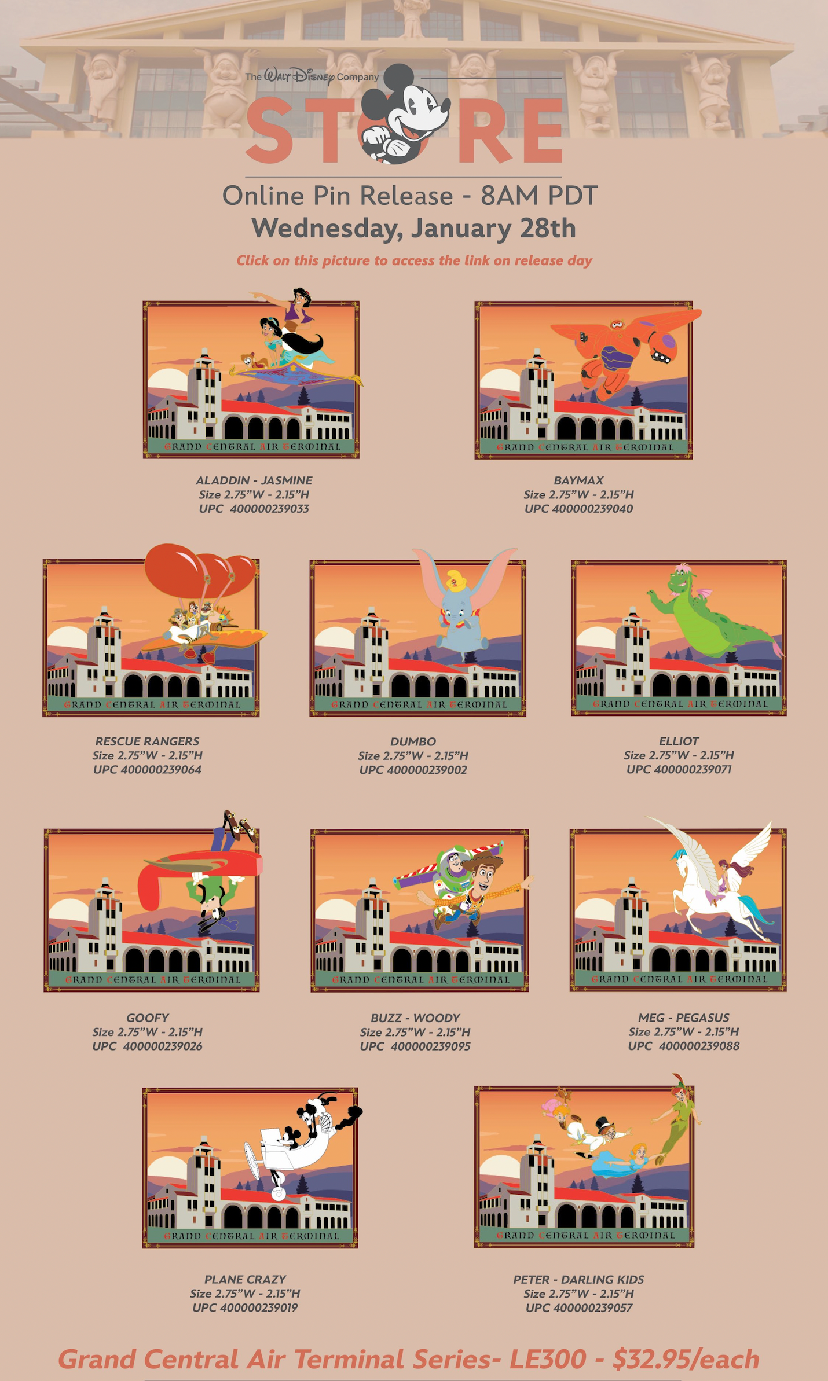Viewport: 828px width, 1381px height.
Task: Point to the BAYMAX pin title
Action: pos(578,480)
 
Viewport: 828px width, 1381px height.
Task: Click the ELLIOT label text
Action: pos(679,741)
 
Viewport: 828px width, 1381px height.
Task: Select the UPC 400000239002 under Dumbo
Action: pos(427,770)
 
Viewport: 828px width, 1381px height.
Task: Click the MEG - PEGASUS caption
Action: pos(683,1018)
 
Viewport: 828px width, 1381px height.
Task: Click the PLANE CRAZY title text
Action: pos(245,1279)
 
